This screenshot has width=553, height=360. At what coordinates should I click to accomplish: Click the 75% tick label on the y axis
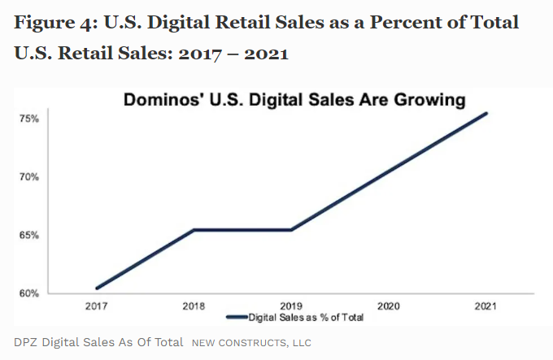coord(28,119)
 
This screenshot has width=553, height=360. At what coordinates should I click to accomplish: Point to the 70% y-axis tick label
coord(28,176)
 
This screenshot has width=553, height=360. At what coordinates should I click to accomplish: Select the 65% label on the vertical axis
coord(28,235)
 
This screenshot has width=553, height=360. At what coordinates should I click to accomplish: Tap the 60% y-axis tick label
coord(28,293)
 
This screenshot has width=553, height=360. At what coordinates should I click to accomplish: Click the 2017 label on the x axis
coord(97,306)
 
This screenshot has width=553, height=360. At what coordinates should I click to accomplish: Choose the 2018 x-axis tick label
coord(194,306)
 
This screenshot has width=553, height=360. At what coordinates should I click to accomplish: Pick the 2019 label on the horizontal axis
coord(291,306)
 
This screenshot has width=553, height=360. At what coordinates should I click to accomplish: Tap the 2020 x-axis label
coord(389,306)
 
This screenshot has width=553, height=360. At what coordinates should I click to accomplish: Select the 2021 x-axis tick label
coord(486,306)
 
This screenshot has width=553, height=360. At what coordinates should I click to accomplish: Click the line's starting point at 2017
coord(98,288)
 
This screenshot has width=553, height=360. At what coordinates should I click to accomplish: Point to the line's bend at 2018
coord(194,230)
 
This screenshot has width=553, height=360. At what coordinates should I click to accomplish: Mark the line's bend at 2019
coord(291,230)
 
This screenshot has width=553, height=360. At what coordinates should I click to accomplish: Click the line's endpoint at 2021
coord(486,113)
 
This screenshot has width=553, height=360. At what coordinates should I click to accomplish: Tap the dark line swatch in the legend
coord(236,317)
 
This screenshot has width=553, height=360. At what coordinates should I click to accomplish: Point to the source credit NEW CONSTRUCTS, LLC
coord(251,342)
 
